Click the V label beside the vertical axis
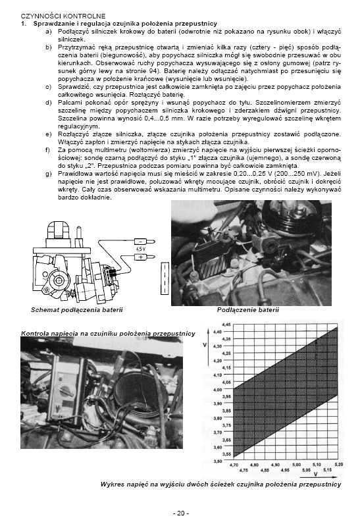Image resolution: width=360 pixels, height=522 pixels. (x=204, y=346)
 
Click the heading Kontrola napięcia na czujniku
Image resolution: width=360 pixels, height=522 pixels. (x=109, y=334)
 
